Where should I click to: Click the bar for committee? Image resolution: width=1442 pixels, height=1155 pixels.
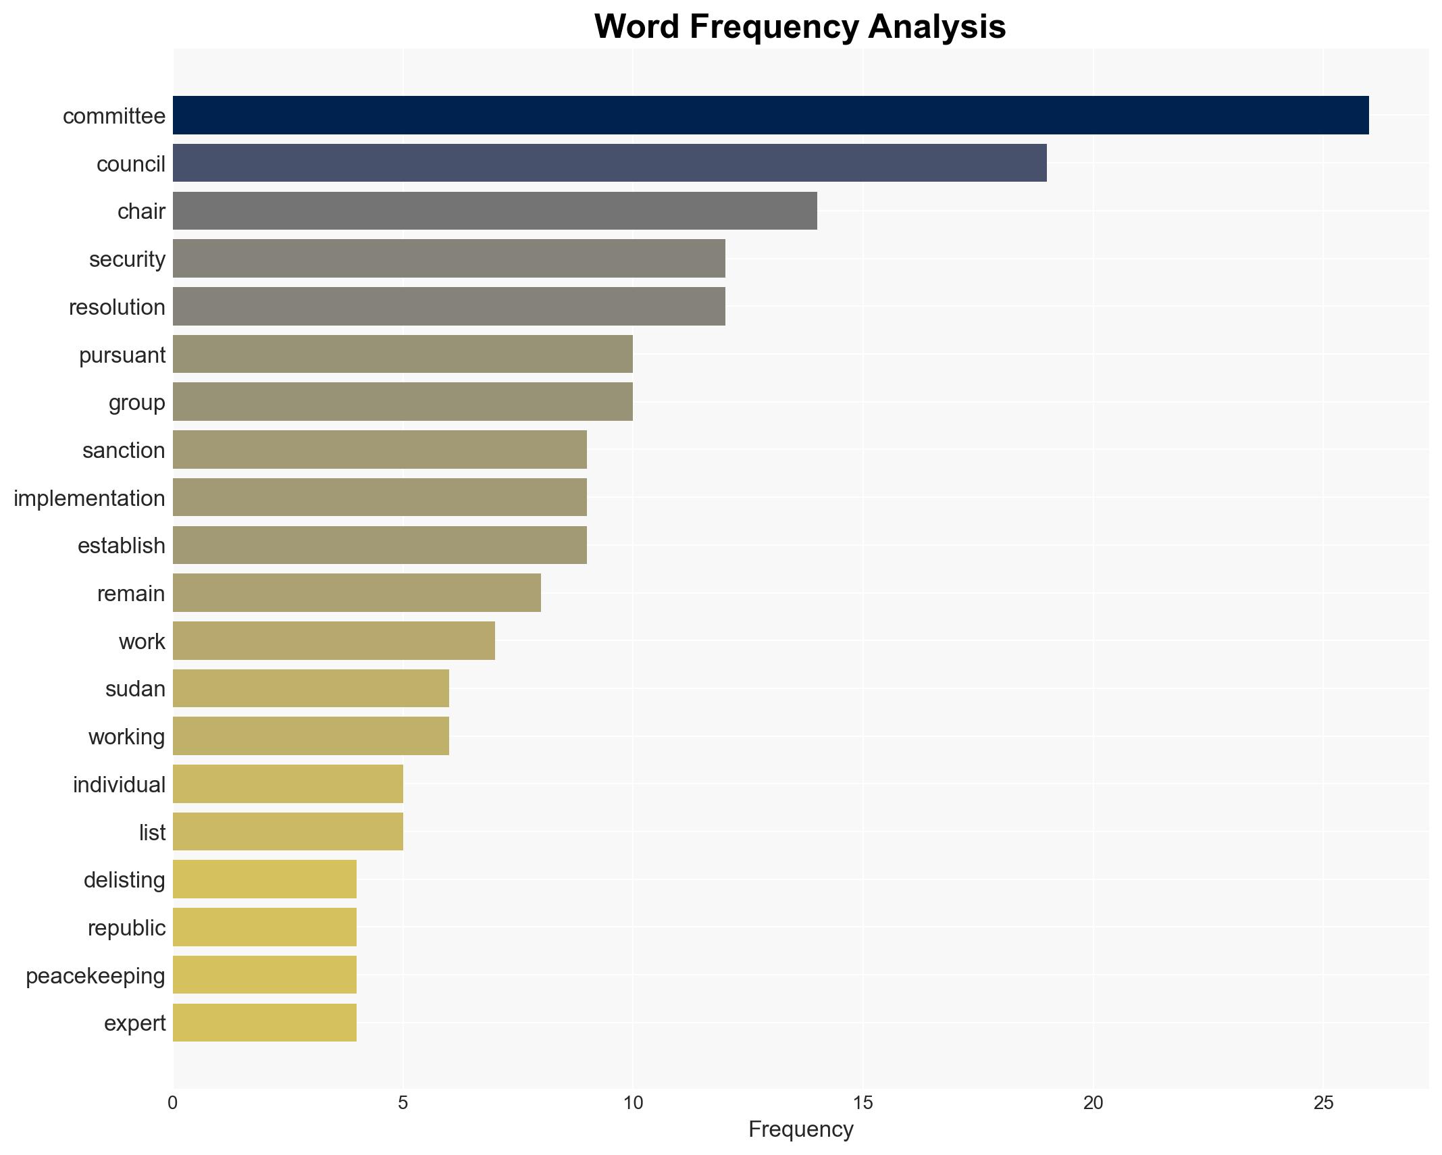point(770,115)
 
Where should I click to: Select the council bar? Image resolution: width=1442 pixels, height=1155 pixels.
point(609,163)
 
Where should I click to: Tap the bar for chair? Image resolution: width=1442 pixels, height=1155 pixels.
point(494,211)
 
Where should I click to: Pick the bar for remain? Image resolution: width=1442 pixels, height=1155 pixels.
point(357,593)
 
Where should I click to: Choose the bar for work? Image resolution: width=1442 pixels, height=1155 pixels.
point(334,640)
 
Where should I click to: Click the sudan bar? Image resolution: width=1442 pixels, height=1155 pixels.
point(311,688)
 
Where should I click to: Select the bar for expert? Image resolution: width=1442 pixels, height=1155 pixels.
point(265,1023)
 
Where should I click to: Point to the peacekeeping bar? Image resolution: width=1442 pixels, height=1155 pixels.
point(265,975)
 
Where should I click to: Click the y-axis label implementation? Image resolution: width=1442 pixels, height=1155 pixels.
point(89,498)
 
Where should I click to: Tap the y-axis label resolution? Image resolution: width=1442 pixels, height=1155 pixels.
point(117,307)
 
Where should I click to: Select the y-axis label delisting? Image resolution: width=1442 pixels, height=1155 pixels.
point(124,880)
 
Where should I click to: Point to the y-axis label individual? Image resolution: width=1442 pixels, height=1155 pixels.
point(119,785)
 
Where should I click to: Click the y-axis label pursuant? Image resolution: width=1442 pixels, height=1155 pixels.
point(122,355)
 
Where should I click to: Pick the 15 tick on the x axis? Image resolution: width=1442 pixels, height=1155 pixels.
point(862,1103)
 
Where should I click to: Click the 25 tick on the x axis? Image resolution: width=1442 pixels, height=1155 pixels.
point(1322,1103)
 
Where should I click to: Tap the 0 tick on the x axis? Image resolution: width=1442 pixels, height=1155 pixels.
point(173,1103)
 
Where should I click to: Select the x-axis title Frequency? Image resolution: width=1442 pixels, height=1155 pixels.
point(800,1129)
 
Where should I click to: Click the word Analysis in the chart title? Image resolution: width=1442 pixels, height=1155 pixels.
point(937,27)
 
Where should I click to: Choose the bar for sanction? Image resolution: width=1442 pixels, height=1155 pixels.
point(380,450)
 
